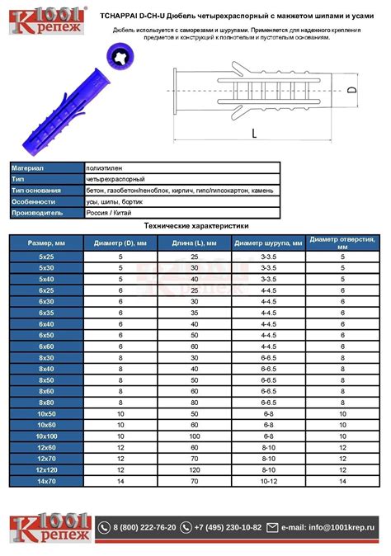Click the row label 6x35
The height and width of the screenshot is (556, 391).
[46, 313]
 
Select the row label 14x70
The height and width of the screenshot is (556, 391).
[46, 481]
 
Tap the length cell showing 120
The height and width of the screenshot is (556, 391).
[195, 470]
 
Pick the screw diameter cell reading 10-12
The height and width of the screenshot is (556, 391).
[269, 481]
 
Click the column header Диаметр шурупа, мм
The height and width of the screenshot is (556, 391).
[268, 243]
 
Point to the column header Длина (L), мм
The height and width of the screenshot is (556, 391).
[194, 243]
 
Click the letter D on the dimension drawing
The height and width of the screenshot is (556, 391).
[351, 90]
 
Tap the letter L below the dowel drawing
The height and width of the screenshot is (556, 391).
[254, 134]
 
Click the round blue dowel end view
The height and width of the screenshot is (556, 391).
[120, 57]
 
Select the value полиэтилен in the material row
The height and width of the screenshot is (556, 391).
[104, 168]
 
